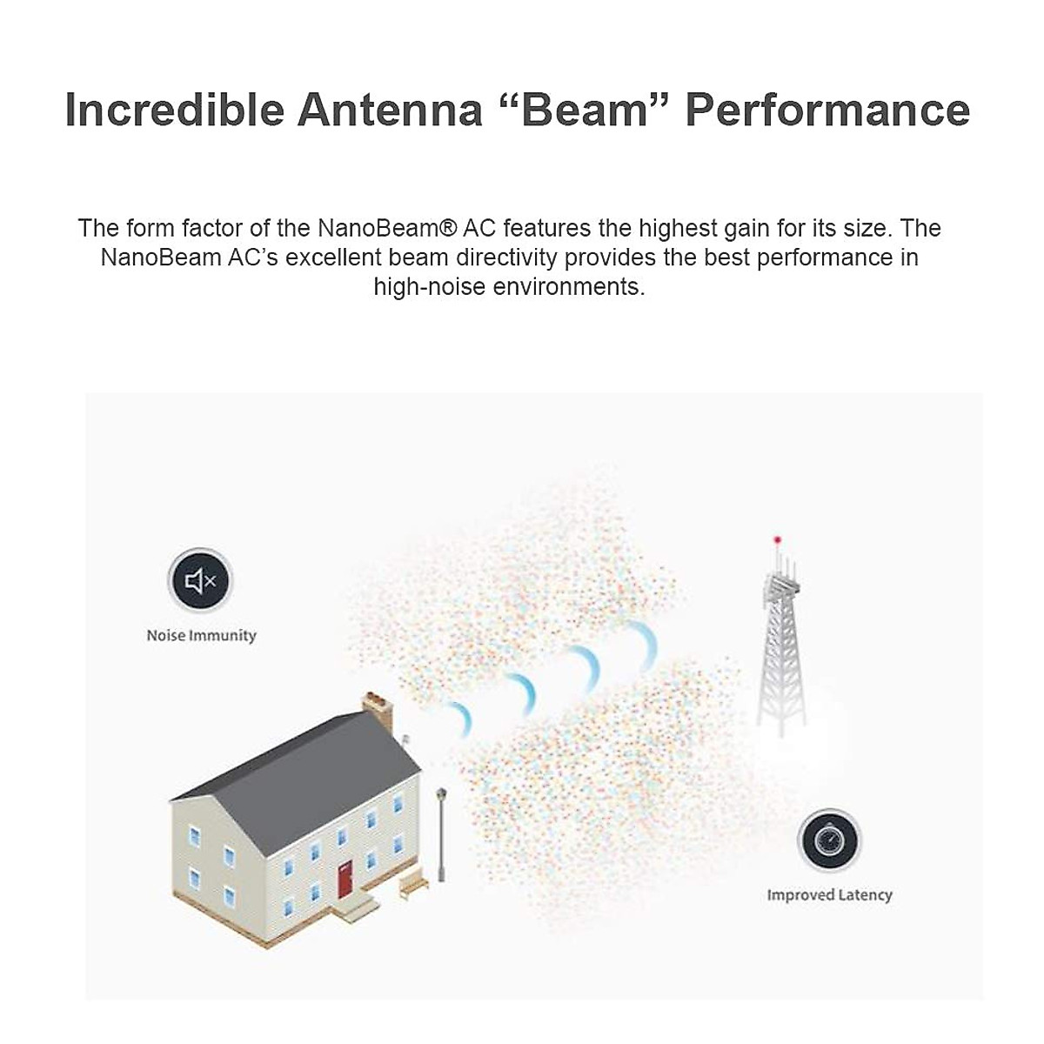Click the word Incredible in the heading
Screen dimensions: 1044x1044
(x=175, y=110)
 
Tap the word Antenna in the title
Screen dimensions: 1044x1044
(x=390, y=110)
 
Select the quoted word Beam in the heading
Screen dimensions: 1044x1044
(x=585, y=110)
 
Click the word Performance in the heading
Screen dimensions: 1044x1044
(x=827, y=110)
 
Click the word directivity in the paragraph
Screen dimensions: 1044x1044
(x=506, y=258)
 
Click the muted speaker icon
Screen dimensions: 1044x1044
(x=200, y=581)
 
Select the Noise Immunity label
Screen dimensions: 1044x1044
(x=202, y=635)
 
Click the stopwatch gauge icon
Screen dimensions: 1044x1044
(x=829, y=840)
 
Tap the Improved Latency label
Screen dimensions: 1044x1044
(x=829, y=895)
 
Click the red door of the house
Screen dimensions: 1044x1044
(x=345, y=880)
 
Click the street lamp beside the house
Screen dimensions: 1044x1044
(x=442, y=834)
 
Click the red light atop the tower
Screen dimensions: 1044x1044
(x=778, y=539)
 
